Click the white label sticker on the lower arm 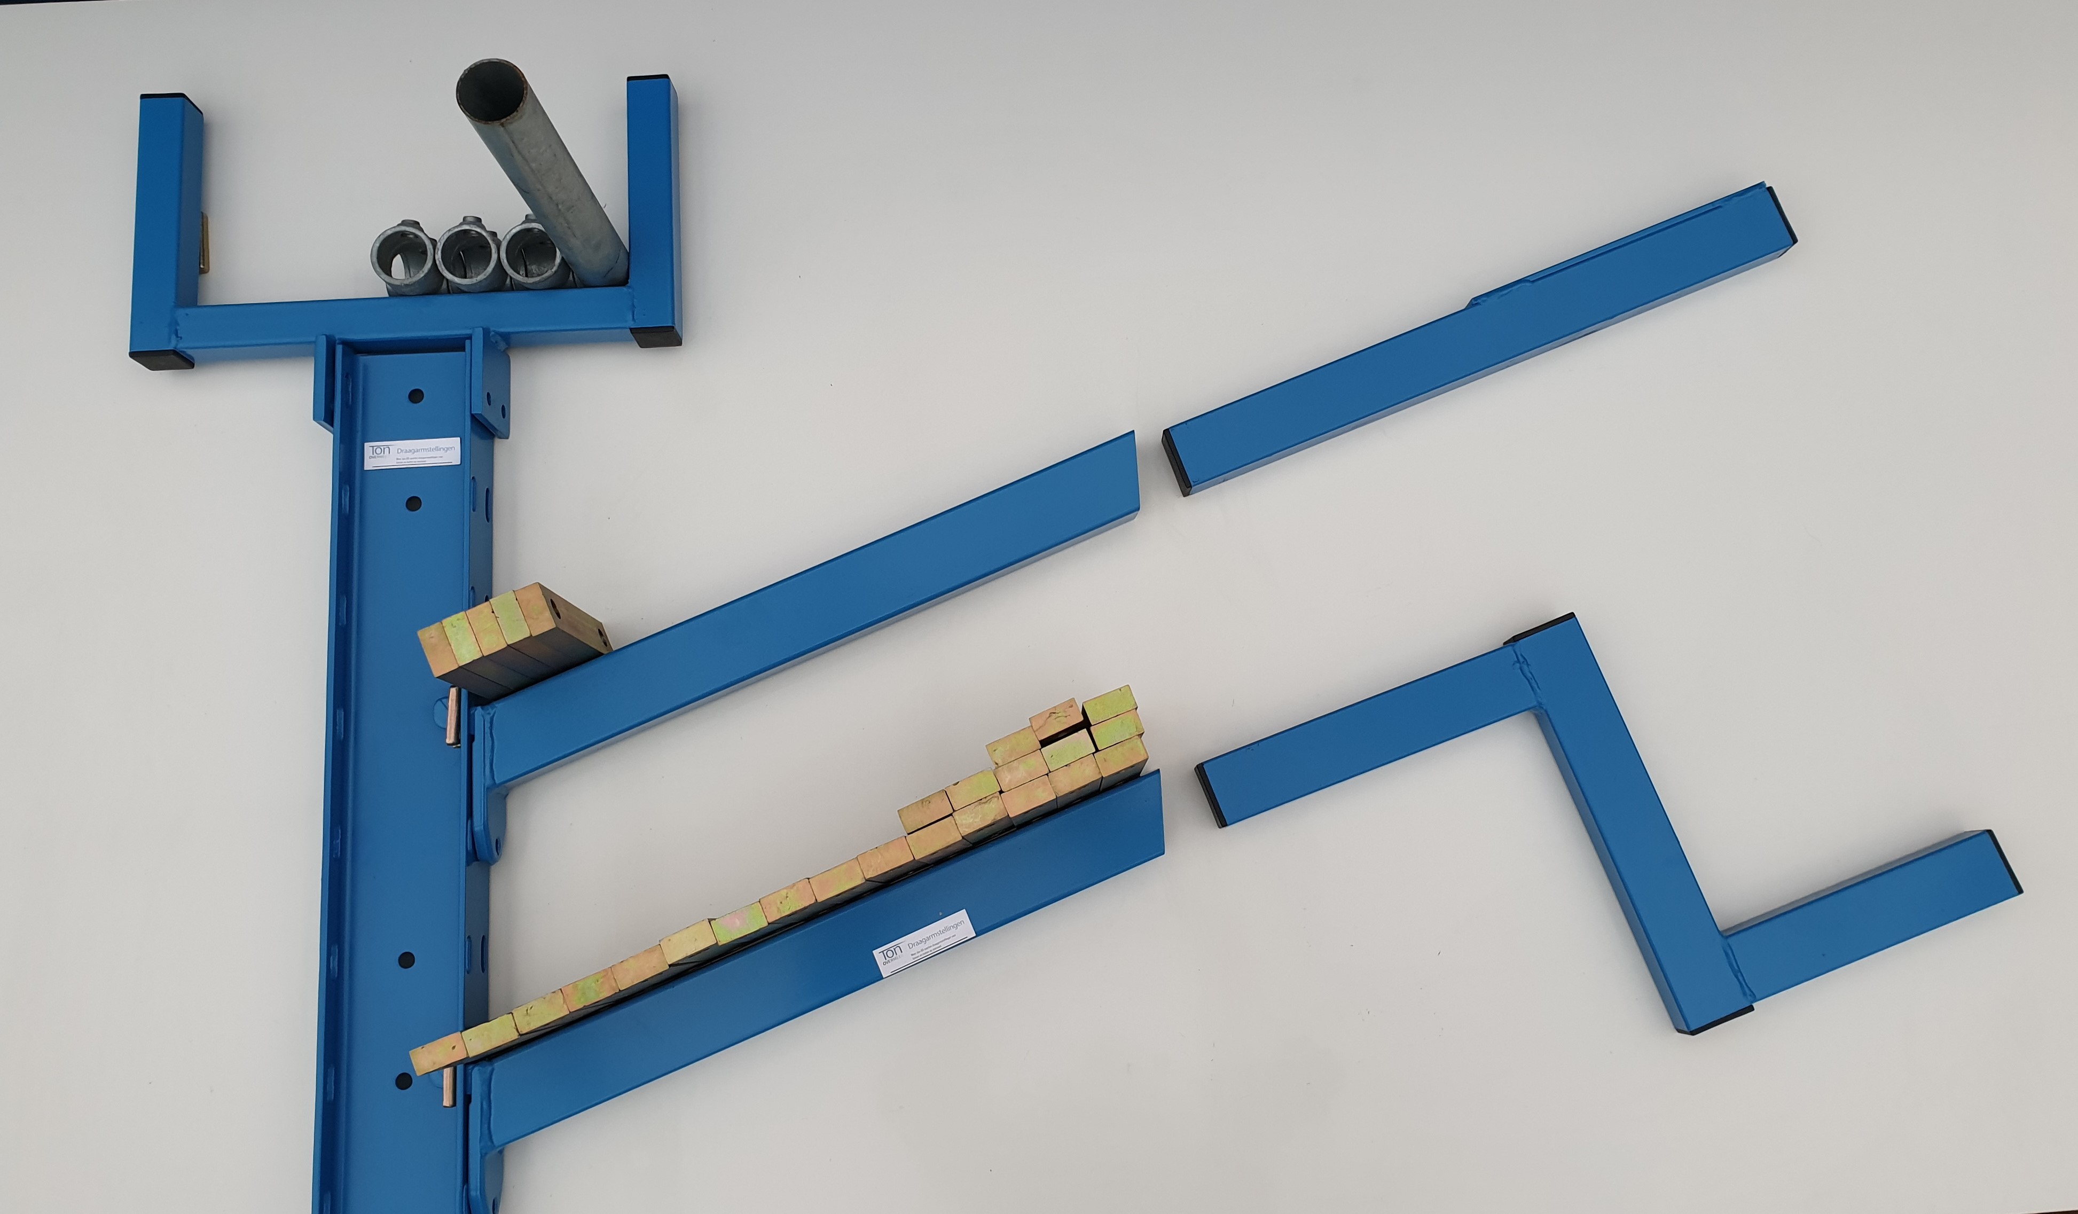tap(923, 943)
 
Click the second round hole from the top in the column tap(414, 503)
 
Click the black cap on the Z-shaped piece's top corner tap(1539, 628)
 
